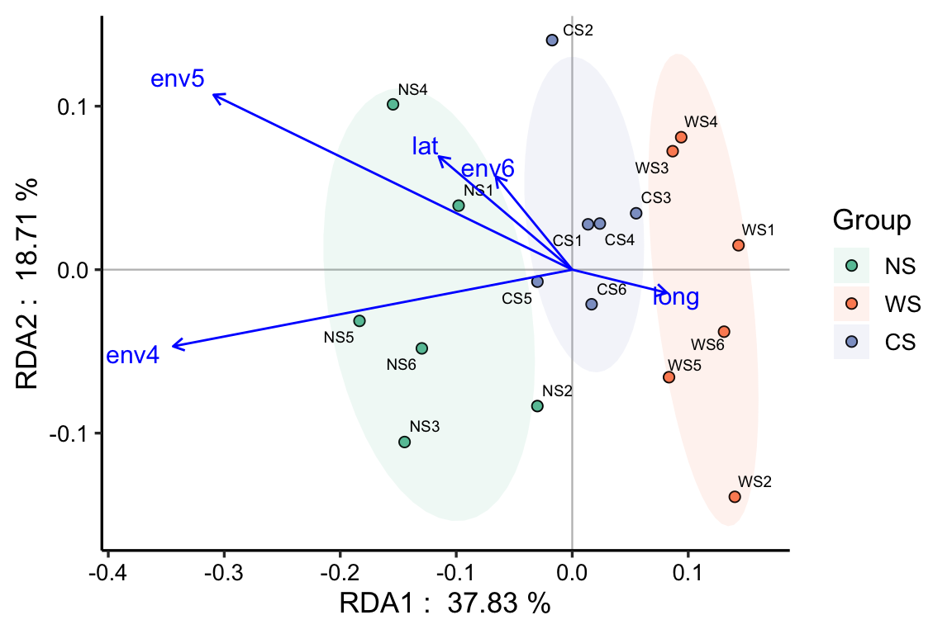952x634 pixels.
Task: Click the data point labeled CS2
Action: [x=552, y=40]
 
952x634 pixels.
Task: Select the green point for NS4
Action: [x=393, y=105]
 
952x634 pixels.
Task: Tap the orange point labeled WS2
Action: [x=735, y=497]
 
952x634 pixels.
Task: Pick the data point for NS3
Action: [x=405, y=442]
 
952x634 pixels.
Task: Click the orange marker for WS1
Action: [x=738, y=246]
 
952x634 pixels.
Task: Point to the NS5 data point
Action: [x=359, y=321]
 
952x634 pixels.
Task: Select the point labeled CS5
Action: [x=538, y=282]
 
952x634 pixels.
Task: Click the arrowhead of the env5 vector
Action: [x=214, y=95]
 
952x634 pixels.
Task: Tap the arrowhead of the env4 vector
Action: [x=173, y=347]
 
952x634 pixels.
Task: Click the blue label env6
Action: [x=488, y=170]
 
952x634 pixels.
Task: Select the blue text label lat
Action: [x=425, y=147]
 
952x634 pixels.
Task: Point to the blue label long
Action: [x=676, y=298]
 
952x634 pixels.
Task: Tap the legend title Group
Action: [x=871, y=221]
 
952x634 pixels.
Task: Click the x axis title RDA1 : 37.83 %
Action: [x=445, y=604]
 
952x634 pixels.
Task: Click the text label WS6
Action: [x=707, y=344]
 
